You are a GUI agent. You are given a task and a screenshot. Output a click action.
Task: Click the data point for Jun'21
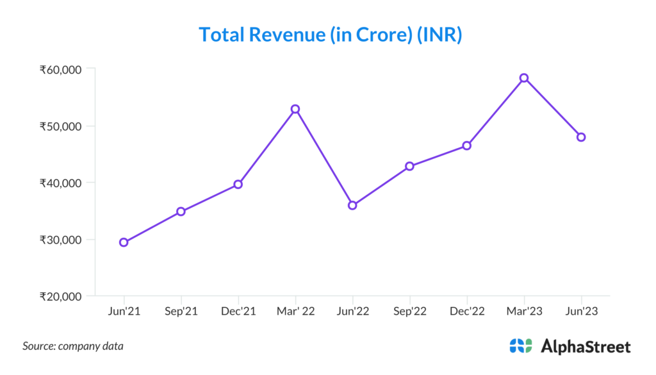[124, 242]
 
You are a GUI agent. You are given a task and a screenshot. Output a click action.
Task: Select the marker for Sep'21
[181, 212]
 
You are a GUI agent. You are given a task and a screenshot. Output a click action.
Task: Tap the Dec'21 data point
[238, 184]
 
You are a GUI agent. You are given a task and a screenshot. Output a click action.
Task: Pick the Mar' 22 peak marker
[295, 109]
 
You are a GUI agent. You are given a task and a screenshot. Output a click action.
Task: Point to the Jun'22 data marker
[352, 205]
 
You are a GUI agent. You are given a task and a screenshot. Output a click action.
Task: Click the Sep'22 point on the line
[409, 166]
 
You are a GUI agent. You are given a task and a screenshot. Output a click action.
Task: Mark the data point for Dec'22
[467, 146]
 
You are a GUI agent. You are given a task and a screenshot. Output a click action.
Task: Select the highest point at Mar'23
[524, 78]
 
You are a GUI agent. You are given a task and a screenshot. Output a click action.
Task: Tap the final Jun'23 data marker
[581, 137]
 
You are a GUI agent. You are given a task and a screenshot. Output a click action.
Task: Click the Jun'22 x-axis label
[352, 312]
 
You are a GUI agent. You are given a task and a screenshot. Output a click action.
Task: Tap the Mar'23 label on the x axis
[524, 312]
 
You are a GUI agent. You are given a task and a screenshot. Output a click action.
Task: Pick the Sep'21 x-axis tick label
[181, 312]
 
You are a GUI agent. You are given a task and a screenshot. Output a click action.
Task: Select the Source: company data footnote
[73, 346]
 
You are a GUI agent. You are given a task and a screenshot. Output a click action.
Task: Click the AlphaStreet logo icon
[520, 346]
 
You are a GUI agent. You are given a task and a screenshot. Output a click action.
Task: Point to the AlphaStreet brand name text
[586, 347]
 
